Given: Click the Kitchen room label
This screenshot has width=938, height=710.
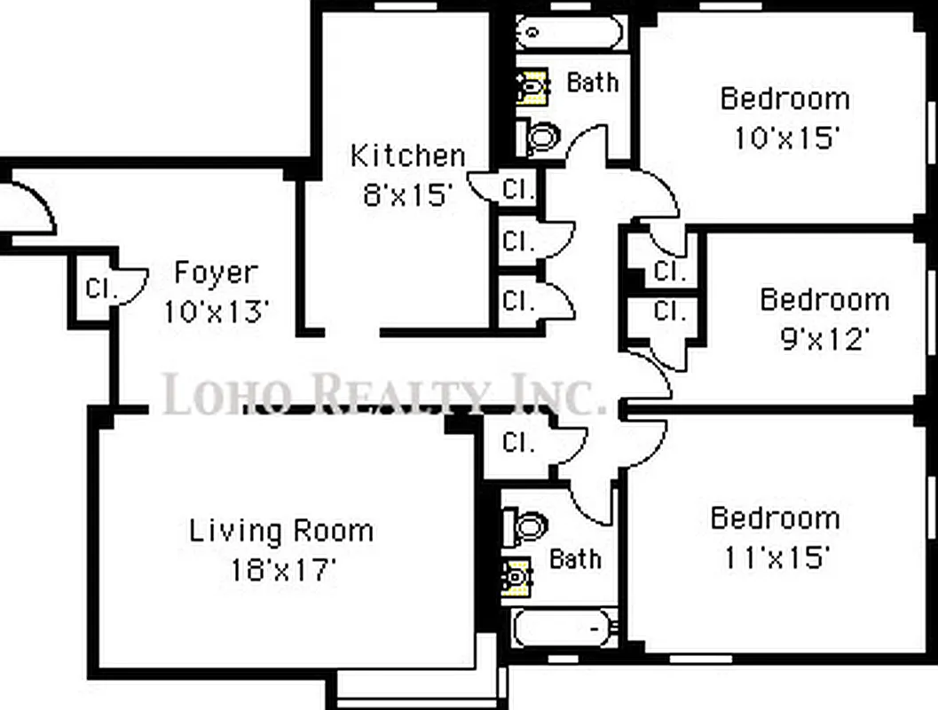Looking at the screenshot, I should click(x=407, y=155).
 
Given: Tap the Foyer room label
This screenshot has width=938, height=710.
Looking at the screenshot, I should click(x=216, y=272).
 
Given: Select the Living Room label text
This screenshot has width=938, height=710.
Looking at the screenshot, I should click(x=280, y=532).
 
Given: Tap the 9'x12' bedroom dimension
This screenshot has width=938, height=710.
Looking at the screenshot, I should click(x=824, y=338).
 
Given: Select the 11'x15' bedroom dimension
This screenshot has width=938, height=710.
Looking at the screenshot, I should click(x=775, y=556).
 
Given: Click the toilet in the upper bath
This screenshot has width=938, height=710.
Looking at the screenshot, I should click(x=539, y=137).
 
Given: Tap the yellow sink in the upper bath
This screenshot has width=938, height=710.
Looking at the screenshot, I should click(x=531, y=88).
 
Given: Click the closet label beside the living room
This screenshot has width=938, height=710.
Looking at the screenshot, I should click(x=517, y=442).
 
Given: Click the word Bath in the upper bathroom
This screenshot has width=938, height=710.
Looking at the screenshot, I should click(x=593, y=83).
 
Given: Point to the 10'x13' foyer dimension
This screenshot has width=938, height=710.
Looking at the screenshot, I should click(x=216, y=312).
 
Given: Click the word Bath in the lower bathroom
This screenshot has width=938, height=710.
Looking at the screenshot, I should click(x=575, y=559).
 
